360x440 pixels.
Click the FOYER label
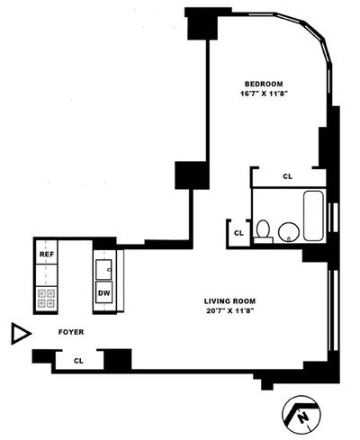tap(71, 332)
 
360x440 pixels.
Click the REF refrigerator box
tap(47, 255)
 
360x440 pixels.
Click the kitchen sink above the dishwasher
tap(103, 268)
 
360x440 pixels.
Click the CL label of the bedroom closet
tap(287, 176)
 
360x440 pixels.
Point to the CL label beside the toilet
tap(238, 233)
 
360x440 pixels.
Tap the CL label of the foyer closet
tap(78, 361)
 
